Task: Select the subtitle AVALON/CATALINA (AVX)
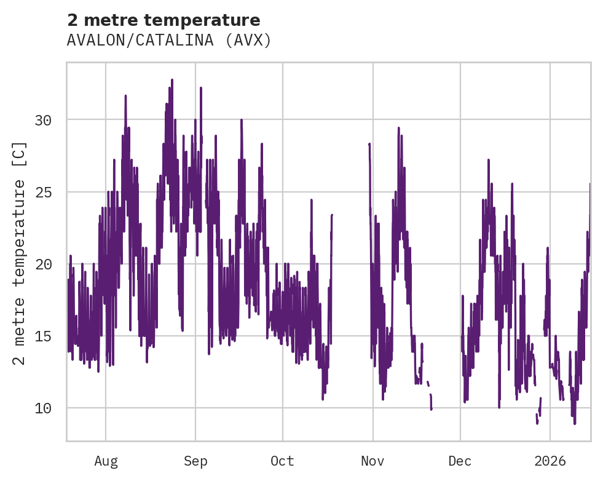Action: coord(169,41)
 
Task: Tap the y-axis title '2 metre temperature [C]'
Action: coord(20,253)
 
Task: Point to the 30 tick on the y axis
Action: coord(43,120)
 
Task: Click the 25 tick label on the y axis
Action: coord(43,192)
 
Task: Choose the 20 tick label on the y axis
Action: coord(43,264)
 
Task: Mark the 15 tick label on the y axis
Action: coord(43,336)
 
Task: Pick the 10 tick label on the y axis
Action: coord(43,408)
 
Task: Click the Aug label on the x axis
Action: coord(106,461)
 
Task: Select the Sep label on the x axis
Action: coord(195,461)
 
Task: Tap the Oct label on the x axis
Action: coord(283,461)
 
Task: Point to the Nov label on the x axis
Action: coord(372,461)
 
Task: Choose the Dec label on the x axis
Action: coord(460,461)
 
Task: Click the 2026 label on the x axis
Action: coord(550,461)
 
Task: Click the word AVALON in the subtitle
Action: coord(95,41)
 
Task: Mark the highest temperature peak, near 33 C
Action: coord(172,80)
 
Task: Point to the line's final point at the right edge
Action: coord(589,184)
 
